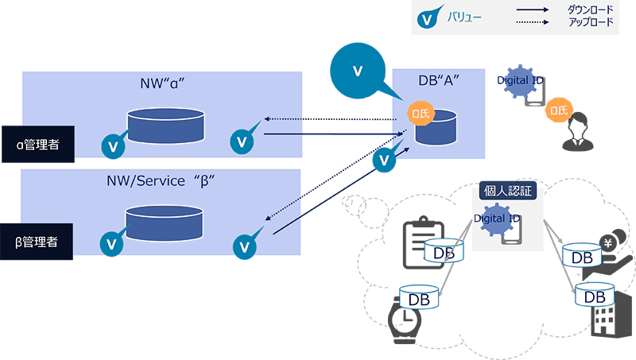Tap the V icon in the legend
(429, 18)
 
